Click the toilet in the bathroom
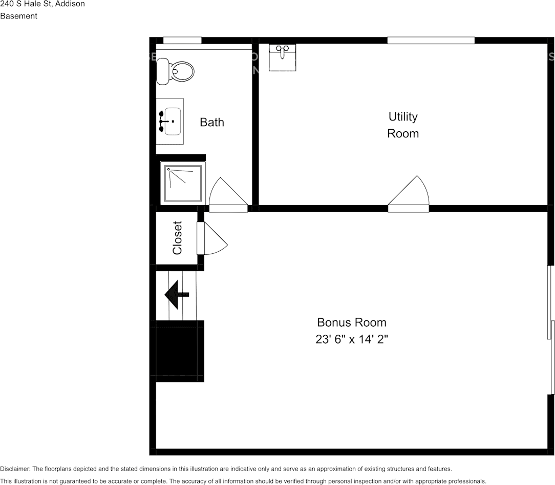(176, 71)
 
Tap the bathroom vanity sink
(172, 122)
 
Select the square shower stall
(183, 183)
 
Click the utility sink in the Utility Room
(283, 57)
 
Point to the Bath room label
(211, 123)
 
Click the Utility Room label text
(402, 125)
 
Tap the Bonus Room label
(351, 322)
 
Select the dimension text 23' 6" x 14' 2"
(351, 339)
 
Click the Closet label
(177, 238)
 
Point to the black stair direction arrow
(176, 294)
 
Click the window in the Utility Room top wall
(431, 41)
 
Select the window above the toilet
(182, 41)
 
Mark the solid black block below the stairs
(180, 351)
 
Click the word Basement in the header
(18, 16)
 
